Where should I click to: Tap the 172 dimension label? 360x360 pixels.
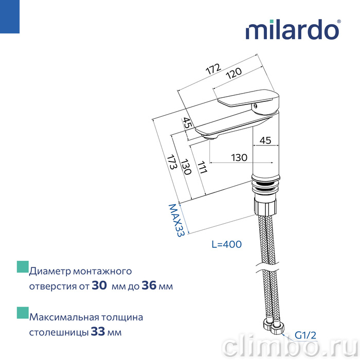[x=213, y=68]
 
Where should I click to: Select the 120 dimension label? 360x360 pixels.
[x=233, y=73]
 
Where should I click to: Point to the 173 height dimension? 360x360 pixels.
[x=172, y=162]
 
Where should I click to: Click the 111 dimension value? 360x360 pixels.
[x=202, y=167]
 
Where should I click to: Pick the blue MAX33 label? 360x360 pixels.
[x=176, y=221]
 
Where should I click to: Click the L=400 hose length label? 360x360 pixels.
[x=227, y=244]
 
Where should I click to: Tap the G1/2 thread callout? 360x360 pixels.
[x=305, y=335]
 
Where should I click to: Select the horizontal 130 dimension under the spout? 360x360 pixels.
[x=239, y=158]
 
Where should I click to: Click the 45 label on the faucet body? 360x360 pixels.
[x=265, y=140]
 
